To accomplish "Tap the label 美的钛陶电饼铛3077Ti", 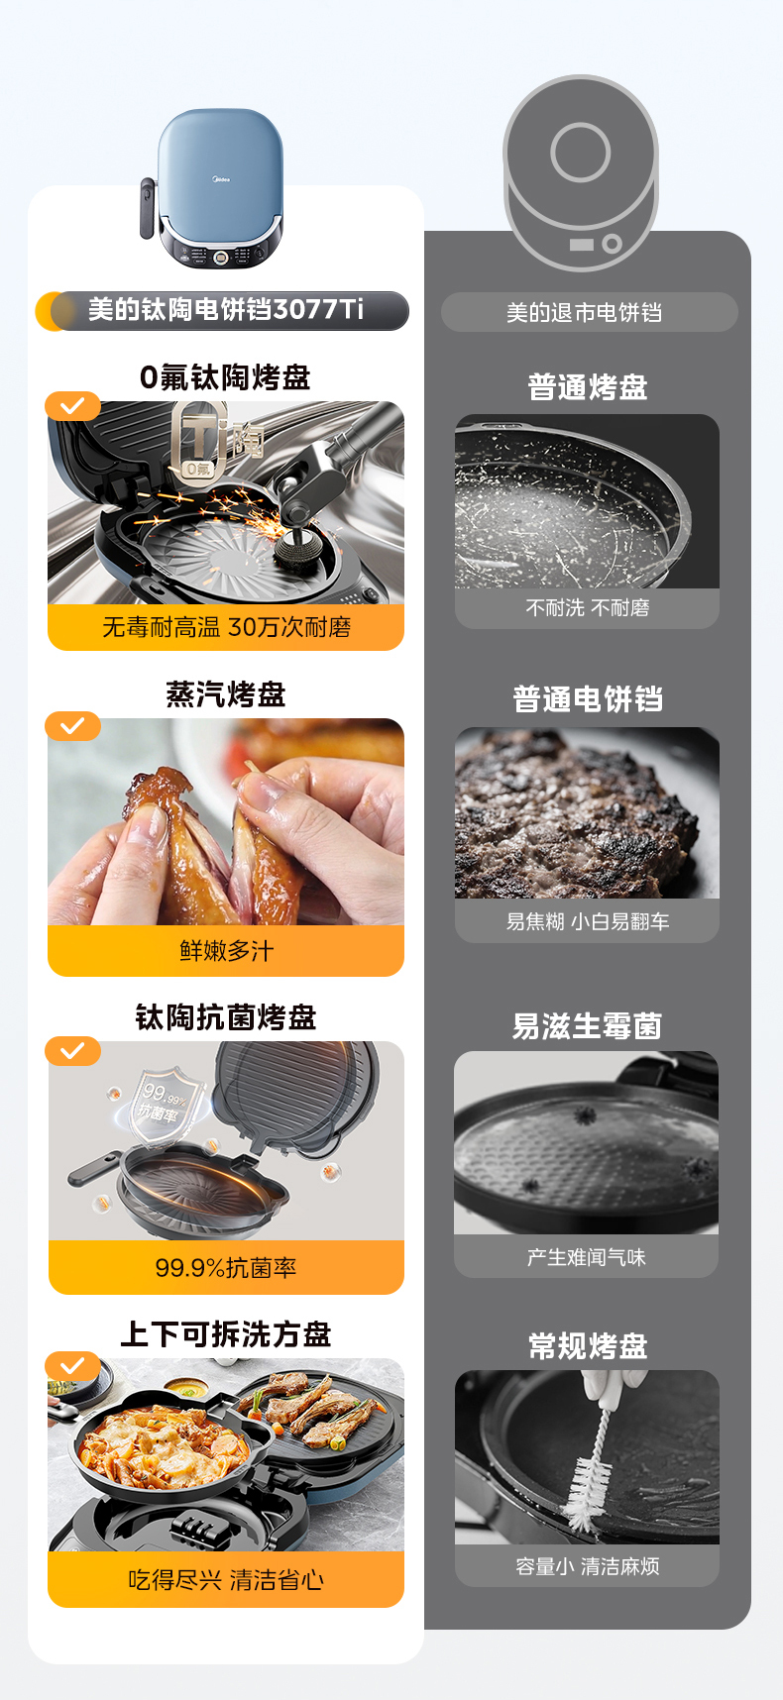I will [226, 310].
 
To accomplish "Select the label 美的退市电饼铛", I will [585, 313].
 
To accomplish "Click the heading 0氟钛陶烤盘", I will [226, 377].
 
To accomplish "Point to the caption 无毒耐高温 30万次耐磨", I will [226, 627].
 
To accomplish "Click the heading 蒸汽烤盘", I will [226, 694].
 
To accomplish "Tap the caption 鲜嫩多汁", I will [226, 951].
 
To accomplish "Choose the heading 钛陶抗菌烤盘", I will [226, 1017].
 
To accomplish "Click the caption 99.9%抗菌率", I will [226, 1268].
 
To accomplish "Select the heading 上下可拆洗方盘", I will [226, 1334].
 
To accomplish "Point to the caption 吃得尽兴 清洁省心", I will [226, 1580].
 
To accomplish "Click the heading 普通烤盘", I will [588, 387].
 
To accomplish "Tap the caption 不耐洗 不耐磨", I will [588, 608].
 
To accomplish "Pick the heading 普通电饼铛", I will [588, 699].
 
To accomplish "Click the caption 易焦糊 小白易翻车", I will [588, 922].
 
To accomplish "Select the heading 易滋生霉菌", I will [587, 1026].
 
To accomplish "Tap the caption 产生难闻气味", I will [587, 1258].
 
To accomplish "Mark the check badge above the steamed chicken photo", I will [72, 726].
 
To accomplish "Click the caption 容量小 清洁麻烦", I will [588, 1566].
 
